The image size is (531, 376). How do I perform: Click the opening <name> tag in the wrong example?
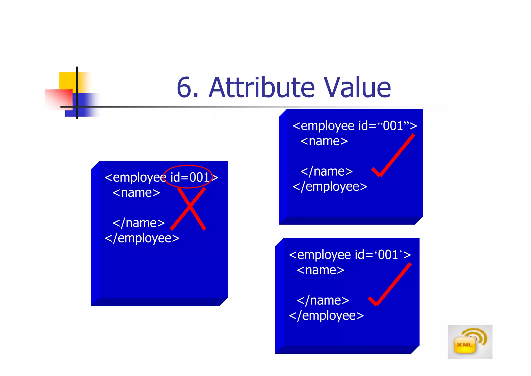point(136,193)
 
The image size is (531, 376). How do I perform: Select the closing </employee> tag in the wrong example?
point(142,238)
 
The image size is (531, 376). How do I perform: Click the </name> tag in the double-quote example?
point(326,171)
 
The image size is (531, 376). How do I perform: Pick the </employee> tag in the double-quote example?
point(330,187)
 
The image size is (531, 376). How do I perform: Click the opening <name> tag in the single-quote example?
point(320,270)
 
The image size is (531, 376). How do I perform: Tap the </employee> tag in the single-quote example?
point(326,315)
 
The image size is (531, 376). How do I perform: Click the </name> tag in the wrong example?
point(139,223)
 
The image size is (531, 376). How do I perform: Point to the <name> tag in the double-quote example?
point(324,141)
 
